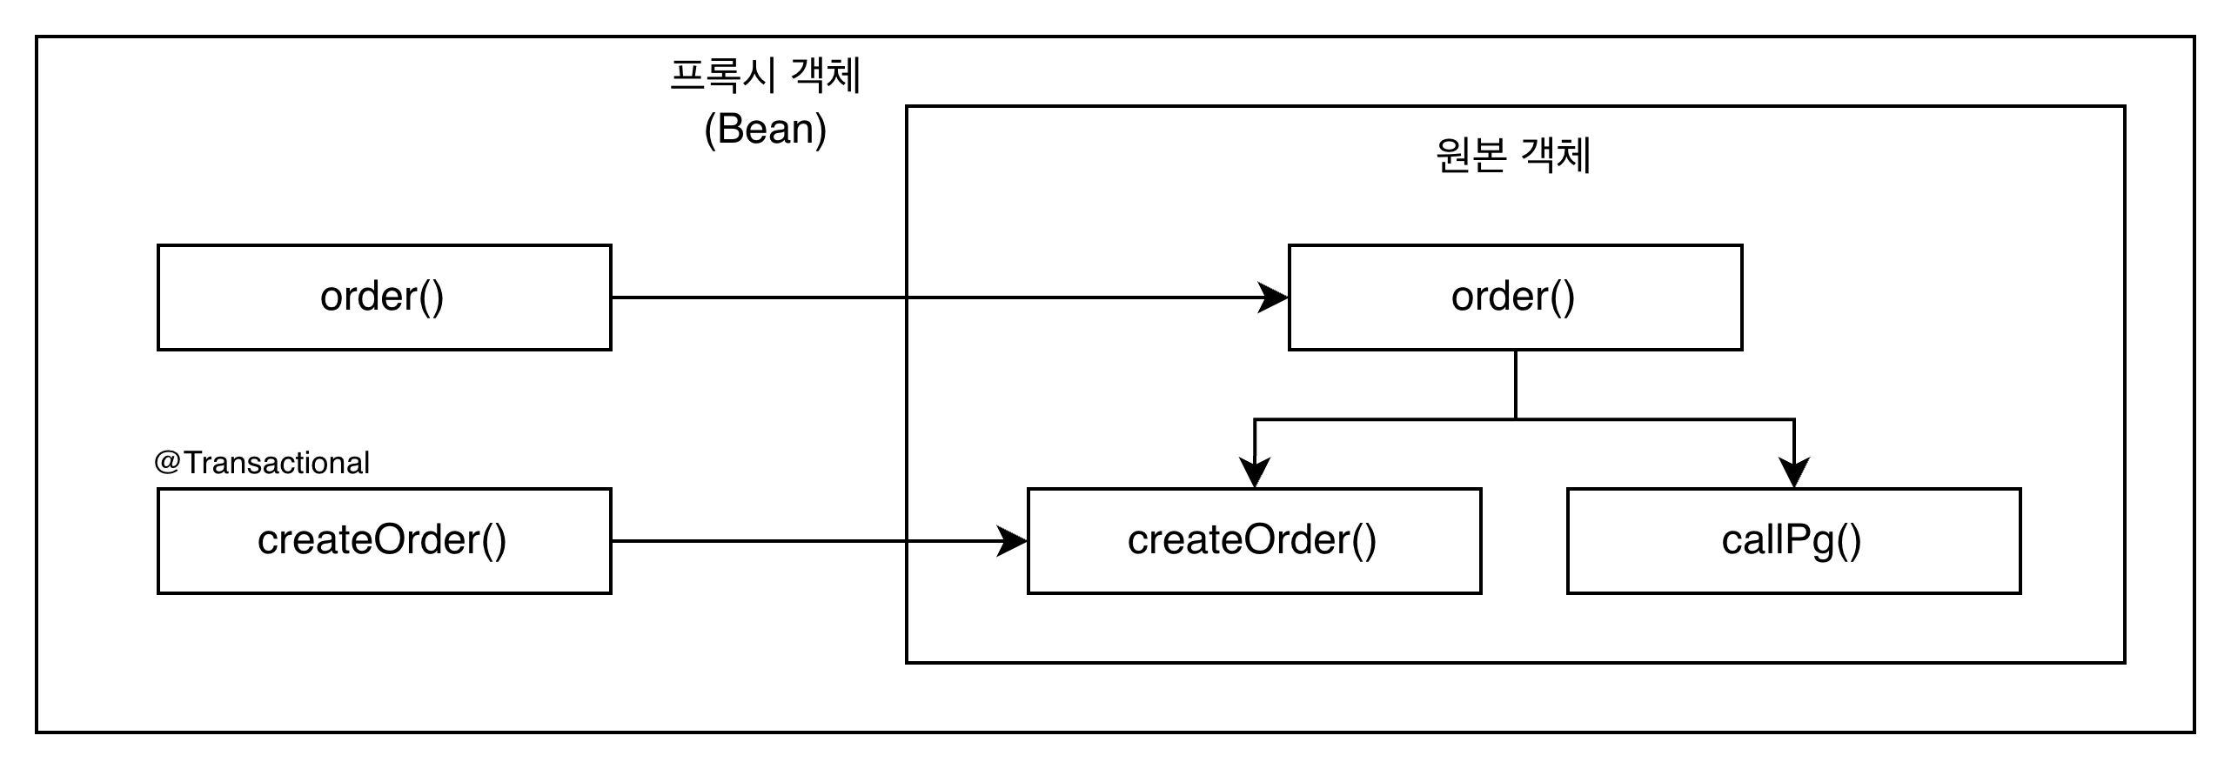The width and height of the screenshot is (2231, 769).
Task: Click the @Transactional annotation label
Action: pos(262,463)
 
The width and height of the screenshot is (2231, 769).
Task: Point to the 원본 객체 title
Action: pos(1513,157)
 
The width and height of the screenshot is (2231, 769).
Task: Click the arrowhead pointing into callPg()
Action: pos(1794,472)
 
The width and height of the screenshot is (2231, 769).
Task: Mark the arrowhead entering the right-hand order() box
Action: pos(1274,298)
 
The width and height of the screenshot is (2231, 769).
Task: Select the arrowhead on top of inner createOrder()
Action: pos(1254,472)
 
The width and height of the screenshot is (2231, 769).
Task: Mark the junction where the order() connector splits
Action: pos(1516,419)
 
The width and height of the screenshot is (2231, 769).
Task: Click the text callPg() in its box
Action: pos(1792,541)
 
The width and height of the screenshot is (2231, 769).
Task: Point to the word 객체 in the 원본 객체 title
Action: pos(1556,157)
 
